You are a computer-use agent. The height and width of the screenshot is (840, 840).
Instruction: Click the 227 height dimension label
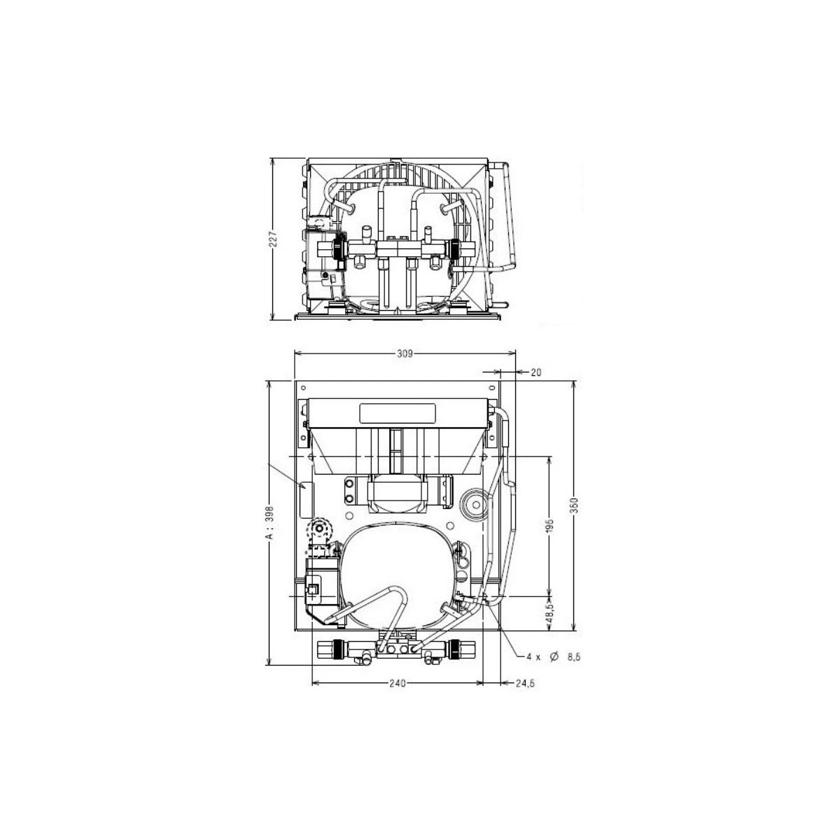coord(273,239)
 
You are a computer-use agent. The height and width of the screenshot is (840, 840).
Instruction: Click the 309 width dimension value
coord(405,354)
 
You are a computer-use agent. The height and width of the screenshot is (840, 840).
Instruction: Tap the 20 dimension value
coord(536,372)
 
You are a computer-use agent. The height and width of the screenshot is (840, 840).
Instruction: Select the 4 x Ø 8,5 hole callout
coord(554,669)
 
